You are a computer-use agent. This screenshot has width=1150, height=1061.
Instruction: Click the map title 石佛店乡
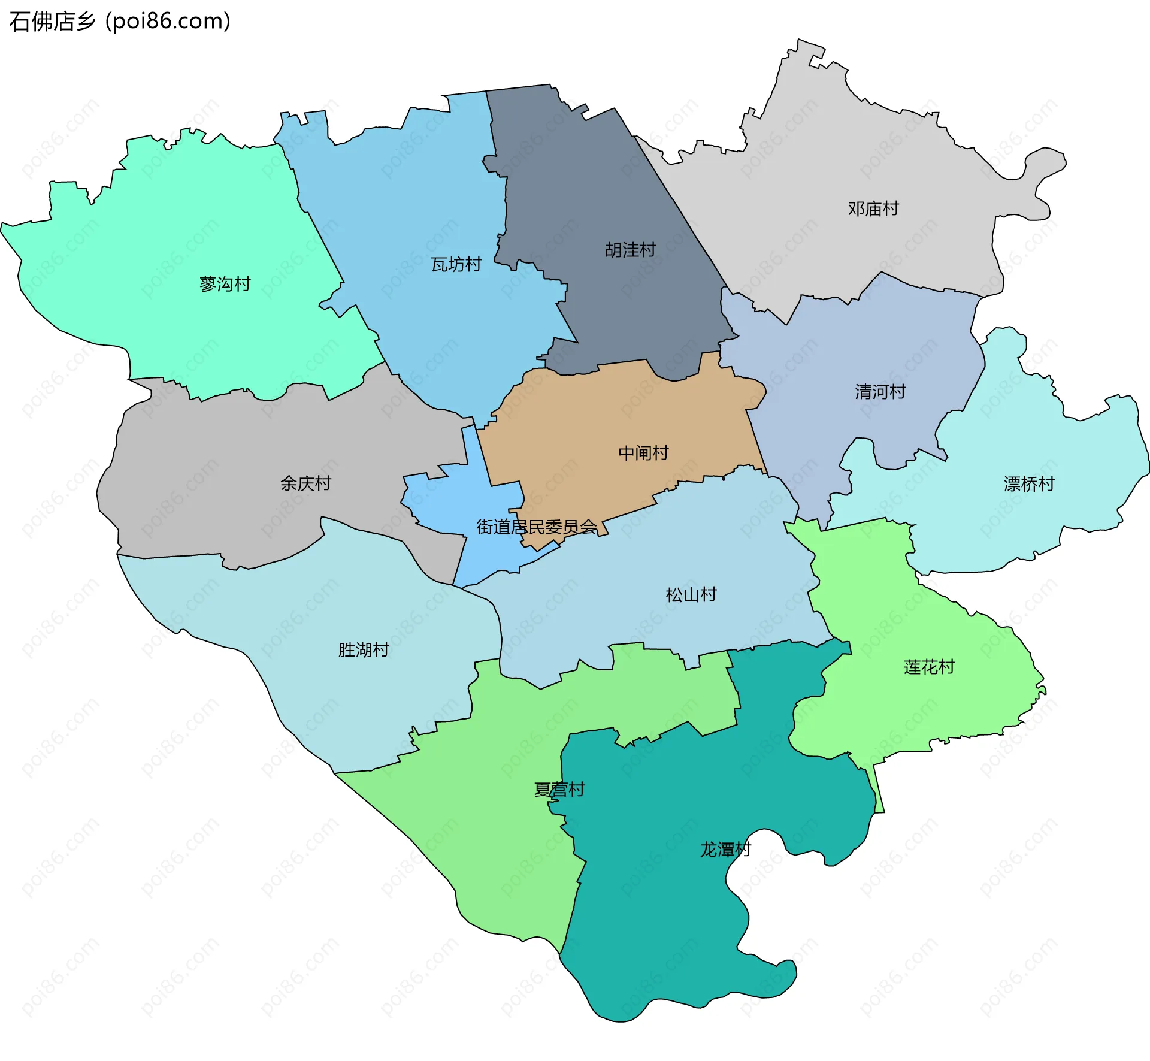[53, 22]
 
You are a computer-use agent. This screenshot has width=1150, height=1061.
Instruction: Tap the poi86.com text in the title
[168, 22]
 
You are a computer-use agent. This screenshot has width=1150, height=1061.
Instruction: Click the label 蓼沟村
[225, 284]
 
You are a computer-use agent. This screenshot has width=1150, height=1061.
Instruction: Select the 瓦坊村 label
[456, 264]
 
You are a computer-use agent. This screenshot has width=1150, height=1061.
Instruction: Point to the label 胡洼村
[630, 250]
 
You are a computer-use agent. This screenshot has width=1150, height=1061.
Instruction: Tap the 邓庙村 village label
[873, 208]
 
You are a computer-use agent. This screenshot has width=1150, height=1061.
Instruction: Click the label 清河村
[880, 392]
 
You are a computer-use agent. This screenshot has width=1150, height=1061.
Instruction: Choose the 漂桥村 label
[1029, 484]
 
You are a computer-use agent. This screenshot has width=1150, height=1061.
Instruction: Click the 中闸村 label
[643, 453]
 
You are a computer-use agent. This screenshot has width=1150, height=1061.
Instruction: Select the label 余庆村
[305, 483]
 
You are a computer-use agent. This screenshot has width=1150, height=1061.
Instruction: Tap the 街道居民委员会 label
[537, 527]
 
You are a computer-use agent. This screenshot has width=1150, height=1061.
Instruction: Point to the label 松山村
[691, 595]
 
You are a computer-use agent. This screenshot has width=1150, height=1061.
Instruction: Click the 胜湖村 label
[364, 650]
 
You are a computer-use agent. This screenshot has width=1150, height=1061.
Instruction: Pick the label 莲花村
[929, 667]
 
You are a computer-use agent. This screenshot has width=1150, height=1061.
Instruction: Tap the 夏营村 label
[559, 790]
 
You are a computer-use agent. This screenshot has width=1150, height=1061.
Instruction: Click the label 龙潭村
[725, 850]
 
